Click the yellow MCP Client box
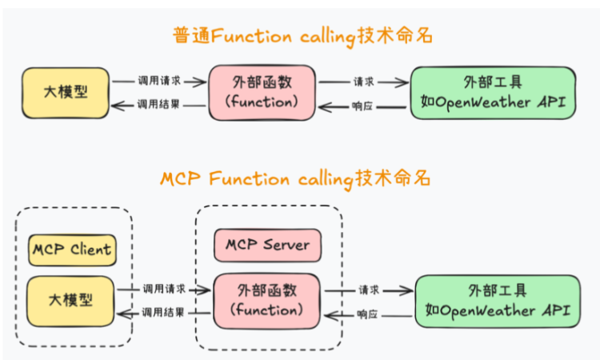tap(72, 250)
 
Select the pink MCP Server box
tap(267, 246)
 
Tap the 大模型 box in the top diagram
tap(66, 93)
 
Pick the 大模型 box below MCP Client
tap(70, 301)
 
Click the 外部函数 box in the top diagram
tap(262, 93)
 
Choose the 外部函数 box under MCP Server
tap(266, 301)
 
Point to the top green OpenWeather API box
tap(493, 93)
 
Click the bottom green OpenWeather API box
tap(498, 302)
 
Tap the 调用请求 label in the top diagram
tap(159, 81)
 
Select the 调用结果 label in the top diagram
tap(158, 104)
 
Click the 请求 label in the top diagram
tap(363, 82)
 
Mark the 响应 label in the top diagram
tap(362, 106)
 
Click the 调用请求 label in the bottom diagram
tap(164, 289)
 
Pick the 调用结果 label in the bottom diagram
tap(163, 313)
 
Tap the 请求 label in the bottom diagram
tap(369, 290)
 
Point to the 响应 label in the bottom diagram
tap(367, 314)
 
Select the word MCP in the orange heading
tap(180, 179)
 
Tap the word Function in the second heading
tap(249, 179)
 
